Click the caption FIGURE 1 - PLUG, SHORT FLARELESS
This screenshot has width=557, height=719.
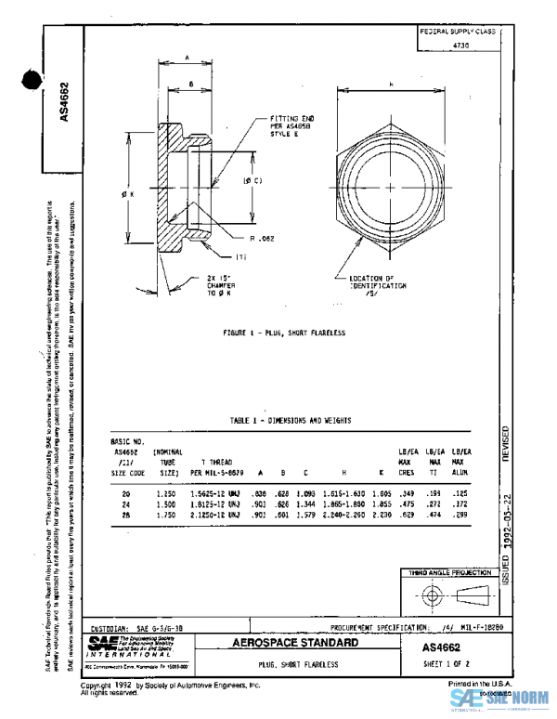tap(284, 333)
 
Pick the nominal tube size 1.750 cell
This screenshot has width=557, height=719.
tap(168, 514)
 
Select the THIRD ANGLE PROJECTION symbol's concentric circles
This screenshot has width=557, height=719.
tap(430, 595)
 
